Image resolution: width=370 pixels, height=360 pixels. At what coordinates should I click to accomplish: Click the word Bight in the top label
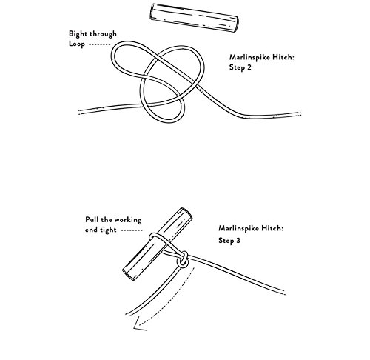pos(78,34)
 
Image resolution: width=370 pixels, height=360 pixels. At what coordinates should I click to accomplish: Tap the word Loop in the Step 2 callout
pos(77,44)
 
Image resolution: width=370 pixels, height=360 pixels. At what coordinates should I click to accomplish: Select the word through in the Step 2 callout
pos(103,33)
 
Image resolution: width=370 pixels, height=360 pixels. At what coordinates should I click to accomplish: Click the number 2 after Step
pos(249,67)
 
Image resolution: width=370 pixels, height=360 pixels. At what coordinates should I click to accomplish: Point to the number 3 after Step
pos(238,240)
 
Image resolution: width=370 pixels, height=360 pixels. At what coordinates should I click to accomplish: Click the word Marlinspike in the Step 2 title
pos(249,57)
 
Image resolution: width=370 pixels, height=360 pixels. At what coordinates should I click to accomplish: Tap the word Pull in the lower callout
pos(92,219)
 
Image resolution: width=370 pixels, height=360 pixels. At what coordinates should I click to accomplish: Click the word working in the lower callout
pos(128,220)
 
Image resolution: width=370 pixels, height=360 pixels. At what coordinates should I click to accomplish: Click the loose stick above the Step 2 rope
pos(195,18)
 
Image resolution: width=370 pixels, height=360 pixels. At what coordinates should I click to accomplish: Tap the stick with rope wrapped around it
pos(158,244)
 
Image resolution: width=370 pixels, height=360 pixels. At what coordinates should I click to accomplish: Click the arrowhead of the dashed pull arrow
pos(139,324)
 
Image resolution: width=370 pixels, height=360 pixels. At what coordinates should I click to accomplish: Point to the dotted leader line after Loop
pos(100,44)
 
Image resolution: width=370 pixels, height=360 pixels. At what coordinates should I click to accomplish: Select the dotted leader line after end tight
pos(132,230)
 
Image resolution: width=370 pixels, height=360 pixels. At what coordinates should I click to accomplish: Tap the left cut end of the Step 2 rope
pos(80,112)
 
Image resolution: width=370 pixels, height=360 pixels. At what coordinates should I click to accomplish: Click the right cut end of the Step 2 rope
pos(300,114)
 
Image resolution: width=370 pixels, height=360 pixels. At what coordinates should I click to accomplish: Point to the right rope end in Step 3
pos(284,293)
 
